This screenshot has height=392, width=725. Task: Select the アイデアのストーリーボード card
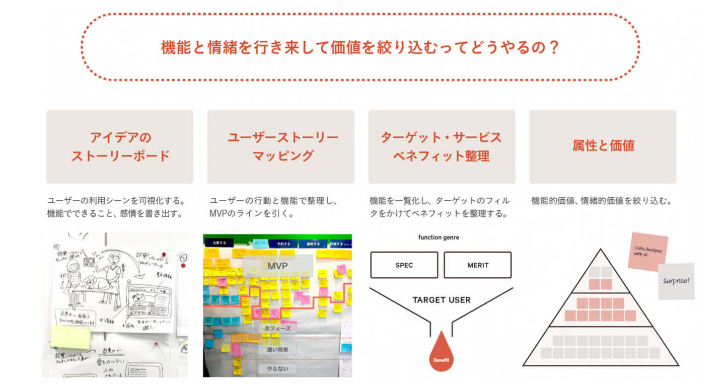click(x=120, y=146)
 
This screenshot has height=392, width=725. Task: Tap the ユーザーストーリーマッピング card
click(x=280, y=146)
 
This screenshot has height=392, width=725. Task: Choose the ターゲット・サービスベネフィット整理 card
click(x=442, y=146)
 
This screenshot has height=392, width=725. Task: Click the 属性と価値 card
click(x=603, y=146)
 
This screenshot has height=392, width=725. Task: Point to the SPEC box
click(x=404, y=265)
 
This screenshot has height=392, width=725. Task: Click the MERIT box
click(x=477, y=265)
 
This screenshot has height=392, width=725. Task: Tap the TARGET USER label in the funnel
click(x=442, y=300)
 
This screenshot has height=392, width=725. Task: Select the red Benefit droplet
click(x=441, y=354)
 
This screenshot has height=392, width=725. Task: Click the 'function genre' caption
click(x=439, y=238)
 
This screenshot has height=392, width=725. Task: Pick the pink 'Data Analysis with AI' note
click(x=648, y=252)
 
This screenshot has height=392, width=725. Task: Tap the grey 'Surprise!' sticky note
click(x=676, y=281)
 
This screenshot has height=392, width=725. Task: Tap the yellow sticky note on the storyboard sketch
click(x=71, y=337)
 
